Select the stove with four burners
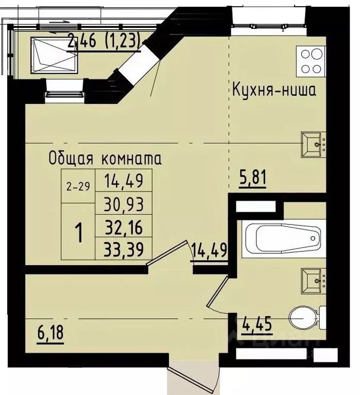(310, 61)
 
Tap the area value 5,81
(252, 181)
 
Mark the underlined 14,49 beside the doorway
(209, 251)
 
